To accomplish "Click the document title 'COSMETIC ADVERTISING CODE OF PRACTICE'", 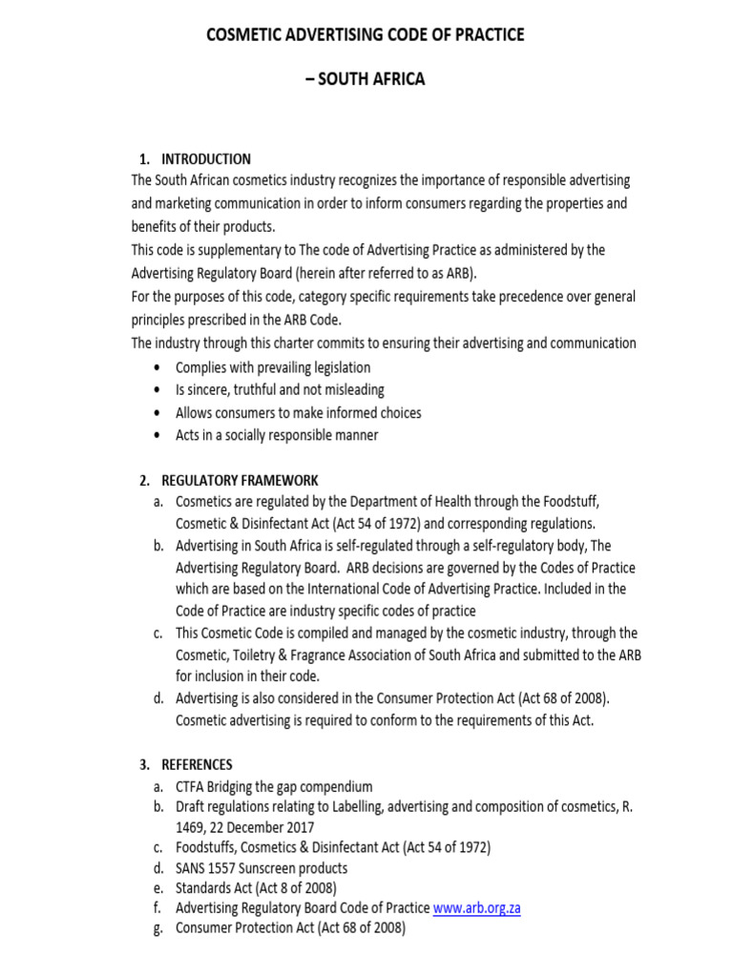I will (x=366, y=35).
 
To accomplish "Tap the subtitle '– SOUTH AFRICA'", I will (x=366, y=80).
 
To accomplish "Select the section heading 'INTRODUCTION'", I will (x=206, y=159).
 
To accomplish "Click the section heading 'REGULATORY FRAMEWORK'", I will (x=240, y=480).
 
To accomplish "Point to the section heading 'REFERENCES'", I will (x=197, y=764).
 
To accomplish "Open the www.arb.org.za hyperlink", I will (x=476, y=907).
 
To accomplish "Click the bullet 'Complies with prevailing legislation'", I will (x=273, y=367).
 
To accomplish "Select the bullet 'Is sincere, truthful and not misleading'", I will (x=280, y=389).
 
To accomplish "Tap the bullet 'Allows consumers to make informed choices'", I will (x=298, y=412).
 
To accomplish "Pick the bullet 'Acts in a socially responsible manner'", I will (x=277, y=435).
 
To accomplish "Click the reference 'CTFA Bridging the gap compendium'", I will (x=274, y=787).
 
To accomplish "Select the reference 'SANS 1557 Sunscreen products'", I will (x=262, y=868).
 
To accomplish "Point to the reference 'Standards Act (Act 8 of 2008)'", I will (x=256, y=888).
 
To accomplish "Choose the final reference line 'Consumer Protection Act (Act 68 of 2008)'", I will (x=290, y=927).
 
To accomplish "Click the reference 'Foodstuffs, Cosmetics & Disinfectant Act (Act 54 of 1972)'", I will (x=333, y=847).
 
